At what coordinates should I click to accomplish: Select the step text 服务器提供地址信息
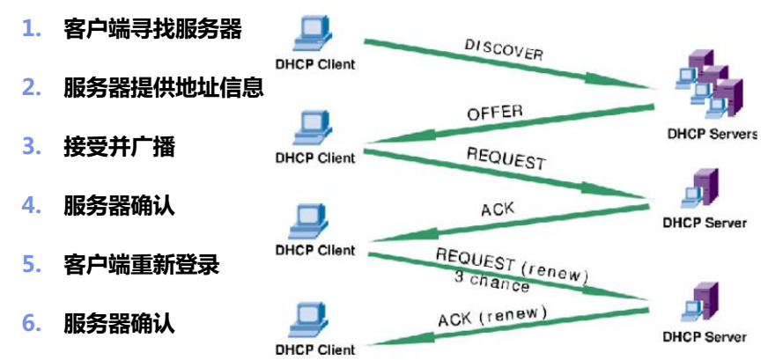pos(163,88)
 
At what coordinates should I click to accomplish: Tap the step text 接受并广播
pos(119,146)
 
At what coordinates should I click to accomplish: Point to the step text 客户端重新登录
pos(141,264)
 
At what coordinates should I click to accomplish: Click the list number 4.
pos(32,206)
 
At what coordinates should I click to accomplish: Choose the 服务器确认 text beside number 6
pos(119,323)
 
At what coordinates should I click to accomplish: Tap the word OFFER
pos(494,113)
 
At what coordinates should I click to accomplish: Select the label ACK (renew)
pos(492,315)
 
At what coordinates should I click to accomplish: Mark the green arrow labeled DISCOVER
pos(511,65)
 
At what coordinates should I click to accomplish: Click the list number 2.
pos(32,88)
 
